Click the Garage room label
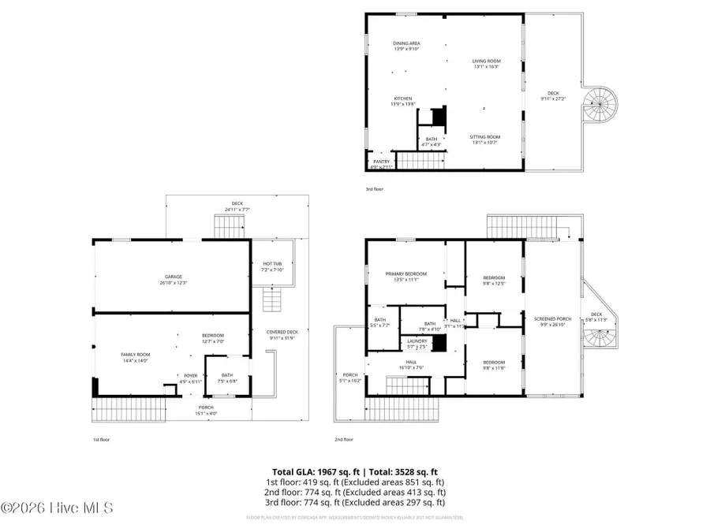click(174, 279)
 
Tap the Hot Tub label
click(271, 266)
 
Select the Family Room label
click(135, 357)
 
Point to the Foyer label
click(191, 378)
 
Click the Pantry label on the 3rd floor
click(381, 163)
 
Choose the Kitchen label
click(402, 101)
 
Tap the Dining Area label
click(406, 46)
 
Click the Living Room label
click(487, 63)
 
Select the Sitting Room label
click(487, 140)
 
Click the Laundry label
click(417, 343)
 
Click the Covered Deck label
click(282, 334)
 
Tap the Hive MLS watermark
click(57, 508)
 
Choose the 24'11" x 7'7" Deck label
click(237, 206)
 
